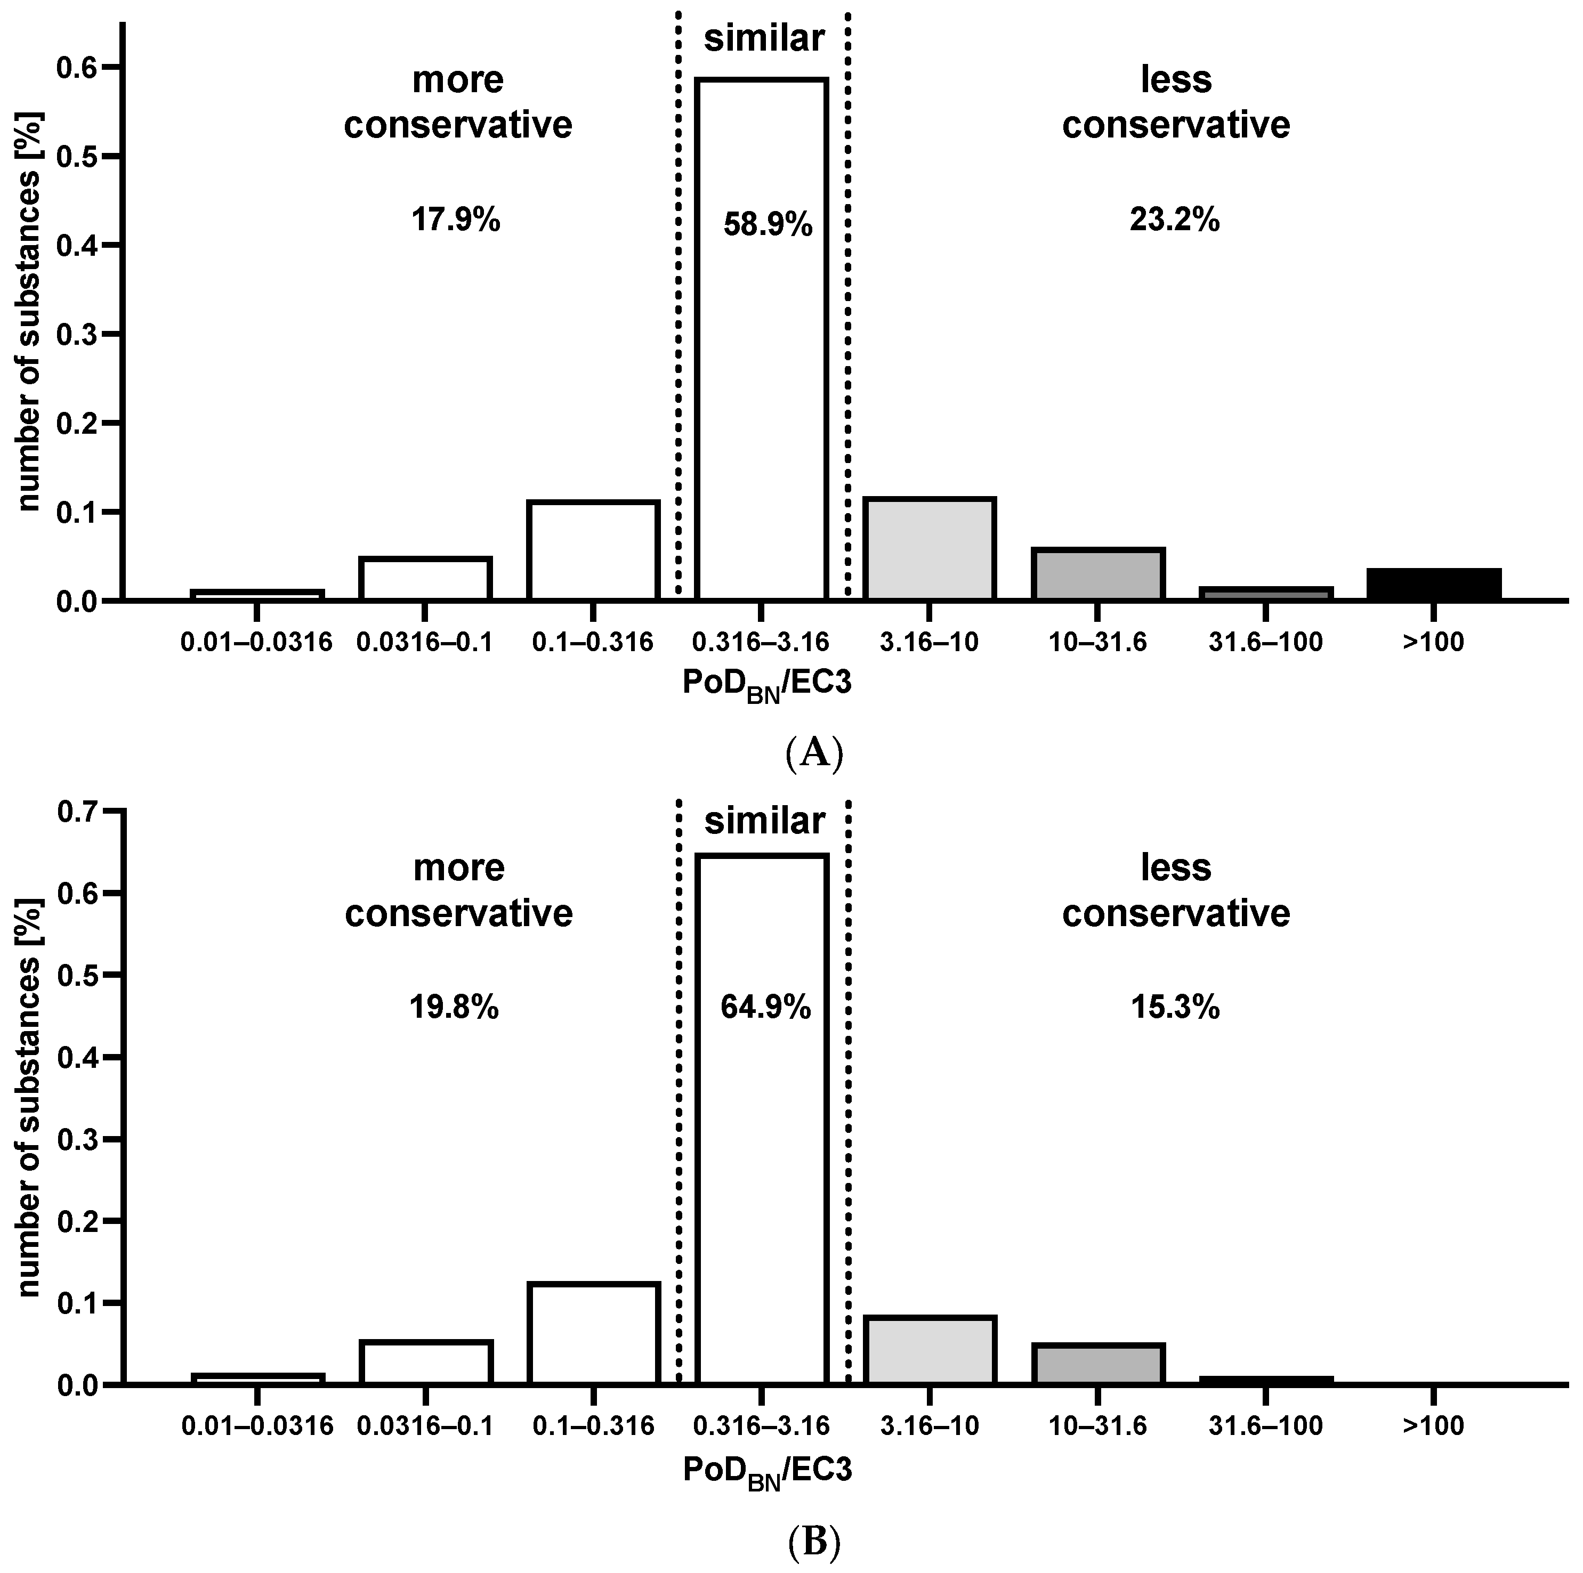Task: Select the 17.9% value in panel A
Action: coord(456,221)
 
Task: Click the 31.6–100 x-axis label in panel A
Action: coord(1265,642)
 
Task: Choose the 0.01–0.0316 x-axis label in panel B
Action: coord(257,1426)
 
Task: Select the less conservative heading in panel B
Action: coord(1176,890)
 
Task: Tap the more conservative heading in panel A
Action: coord(457,102)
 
